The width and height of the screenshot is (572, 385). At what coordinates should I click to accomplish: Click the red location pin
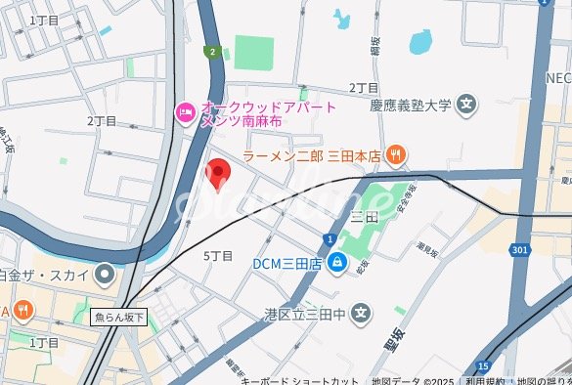[x=219, y=173]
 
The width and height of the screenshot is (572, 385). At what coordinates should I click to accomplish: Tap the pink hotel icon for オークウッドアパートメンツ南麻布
[x=185, y=114]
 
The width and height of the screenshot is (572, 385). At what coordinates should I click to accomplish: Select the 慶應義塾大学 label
[x=411, y=104]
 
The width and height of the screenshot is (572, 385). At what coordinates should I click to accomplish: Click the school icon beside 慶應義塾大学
[x=467, y=103]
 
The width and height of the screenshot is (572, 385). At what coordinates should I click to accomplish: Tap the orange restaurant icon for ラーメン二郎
[x=397, y=153]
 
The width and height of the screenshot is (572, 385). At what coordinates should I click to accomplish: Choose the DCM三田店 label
[x=287, y=262]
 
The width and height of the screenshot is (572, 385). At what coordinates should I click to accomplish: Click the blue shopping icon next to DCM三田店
[x=336, y=262]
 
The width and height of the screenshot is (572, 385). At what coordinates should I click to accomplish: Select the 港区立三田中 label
[x=304, y=314]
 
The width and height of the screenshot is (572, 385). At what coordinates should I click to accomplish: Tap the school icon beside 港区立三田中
[x=363, y=314]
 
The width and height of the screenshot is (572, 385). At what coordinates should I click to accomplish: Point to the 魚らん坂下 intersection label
[x=119, y=317]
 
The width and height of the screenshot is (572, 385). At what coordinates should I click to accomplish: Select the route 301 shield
[x=520, y=250]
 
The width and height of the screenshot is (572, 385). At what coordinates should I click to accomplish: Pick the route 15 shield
[x=483, y=365]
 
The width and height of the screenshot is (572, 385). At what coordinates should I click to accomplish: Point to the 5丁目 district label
[x=218, y=256]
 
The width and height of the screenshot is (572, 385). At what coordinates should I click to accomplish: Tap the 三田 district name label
[x=364, y=215]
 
